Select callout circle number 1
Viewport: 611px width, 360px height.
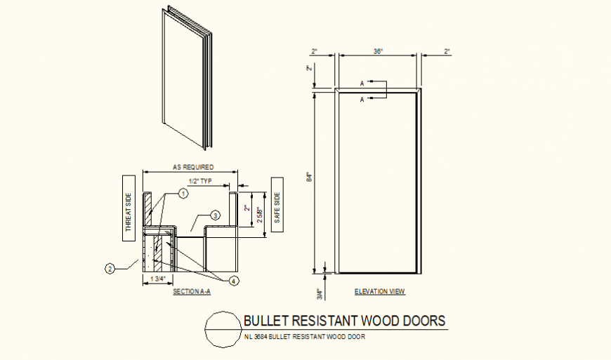(x=183, y=192)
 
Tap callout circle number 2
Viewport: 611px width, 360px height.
(x=110, y=267)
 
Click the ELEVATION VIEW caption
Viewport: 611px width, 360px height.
(x=380, y=291)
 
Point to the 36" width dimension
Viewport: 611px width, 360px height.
(x=378, y=51)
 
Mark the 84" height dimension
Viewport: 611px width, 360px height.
(x=309, y=179)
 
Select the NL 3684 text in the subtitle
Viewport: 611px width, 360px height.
(x=256, y=337)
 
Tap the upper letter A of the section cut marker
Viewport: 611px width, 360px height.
(x=362, y=84)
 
